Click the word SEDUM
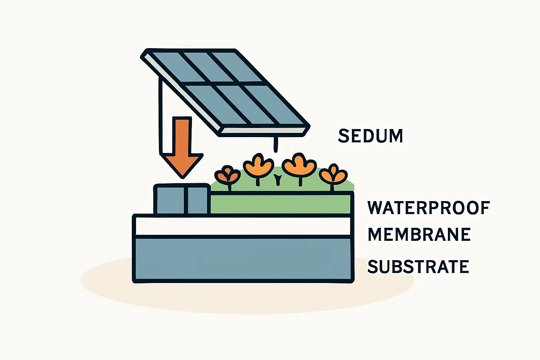(370, 136)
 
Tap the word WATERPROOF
(428, 208)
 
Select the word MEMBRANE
(419, 235)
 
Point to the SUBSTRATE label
(418, 267)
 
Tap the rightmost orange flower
(333, 174)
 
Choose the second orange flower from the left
(258, 166)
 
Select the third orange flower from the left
(299, 165)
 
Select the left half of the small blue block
(170, 200)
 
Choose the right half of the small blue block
(198, 200)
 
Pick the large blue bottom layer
(243, 259)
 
